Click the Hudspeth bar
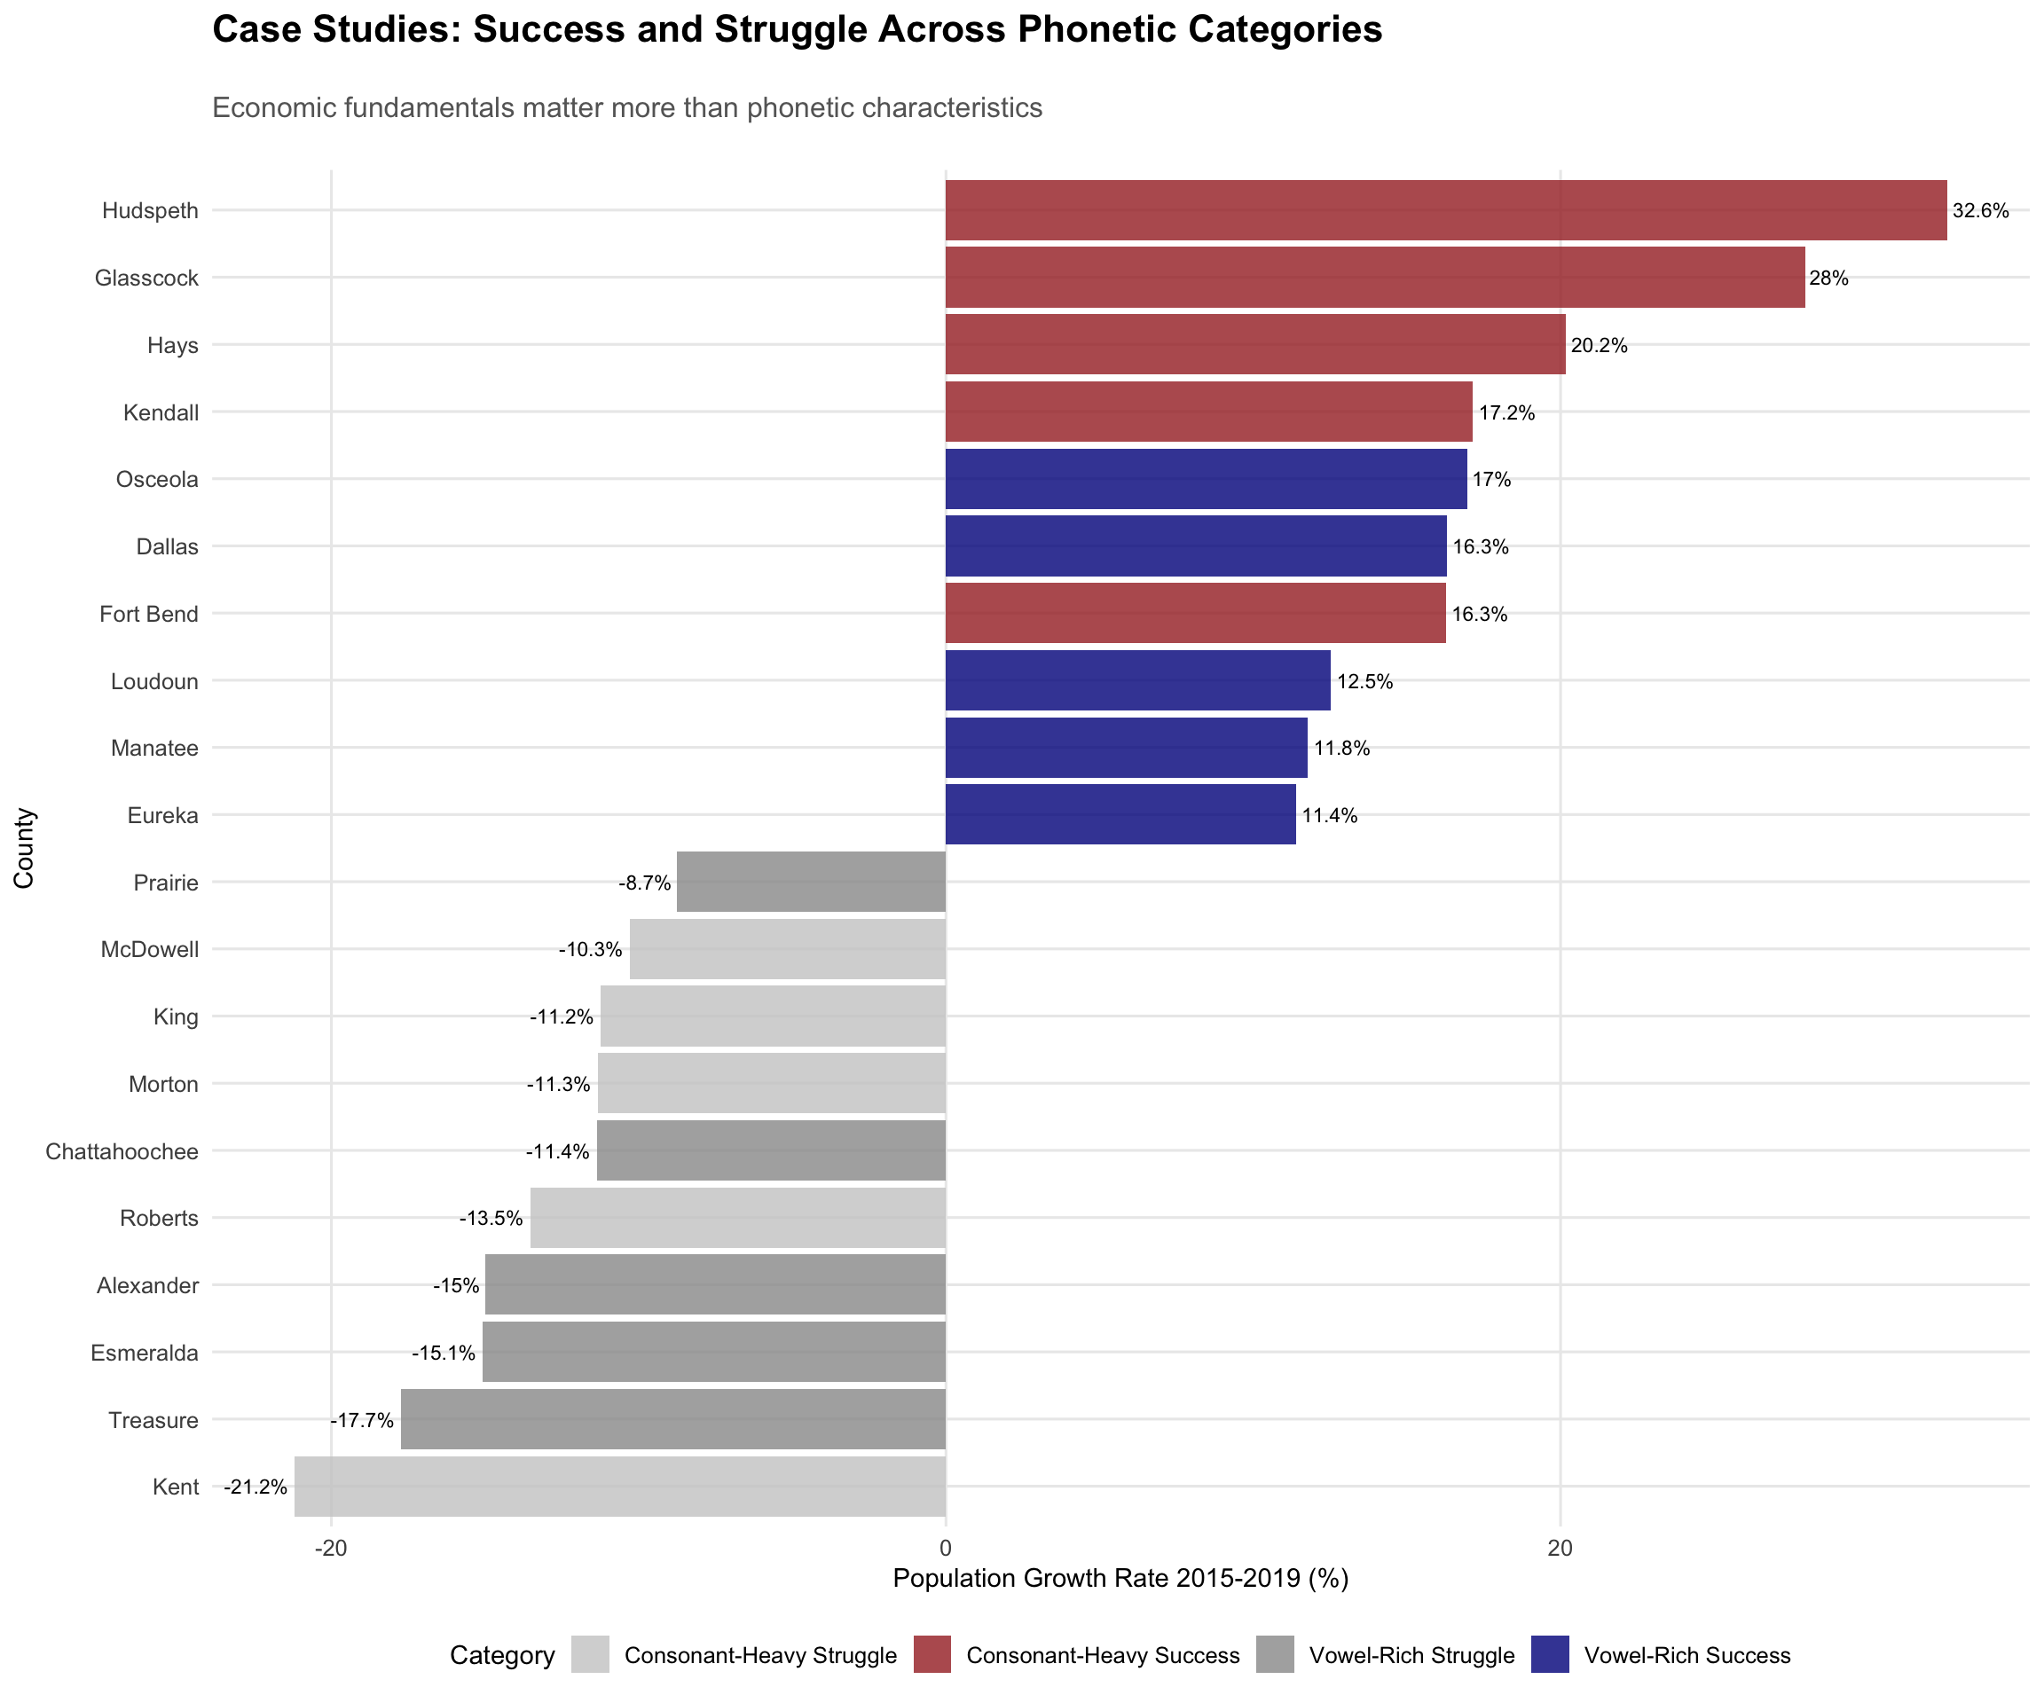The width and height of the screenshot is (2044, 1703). tap(1445, 210)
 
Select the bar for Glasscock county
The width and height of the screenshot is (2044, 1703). tap(1374, 278)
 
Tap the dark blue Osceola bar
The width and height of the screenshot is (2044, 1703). tap(1205, 479)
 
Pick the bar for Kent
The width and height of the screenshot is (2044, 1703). tap(620, 1486)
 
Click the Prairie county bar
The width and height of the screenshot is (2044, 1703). tap(811, 883)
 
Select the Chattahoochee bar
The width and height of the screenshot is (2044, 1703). tap(771, 1151)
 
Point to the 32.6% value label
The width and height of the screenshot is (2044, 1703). tap(1980, 211)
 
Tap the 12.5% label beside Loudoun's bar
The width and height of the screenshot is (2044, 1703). tap(1364, 681)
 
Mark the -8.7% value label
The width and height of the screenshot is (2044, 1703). tap(644, 883)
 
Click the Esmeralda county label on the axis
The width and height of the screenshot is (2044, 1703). tap(144, 1353)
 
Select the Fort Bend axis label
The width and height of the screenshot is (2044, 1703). tap(149, 614)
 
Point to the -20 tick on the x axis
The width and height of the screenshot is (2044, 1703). tap(331, 1547)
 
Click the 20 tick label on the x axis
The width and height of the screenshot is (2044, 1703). tap(1561, 1547)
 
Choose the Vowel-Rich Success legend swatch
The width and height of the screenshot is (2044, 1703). tap(1551, 1655)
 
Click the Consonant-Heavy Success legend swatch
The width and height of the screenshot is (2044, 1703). tap(932, 1655)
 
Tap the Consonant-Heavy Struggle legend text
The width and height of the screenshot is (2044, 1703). tap(760, 1655)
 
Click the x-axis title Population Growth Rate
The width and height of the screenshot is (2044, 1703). tap(1120, 1577)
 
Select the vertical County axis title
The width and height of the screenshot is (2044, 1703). tap(24, 848)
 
